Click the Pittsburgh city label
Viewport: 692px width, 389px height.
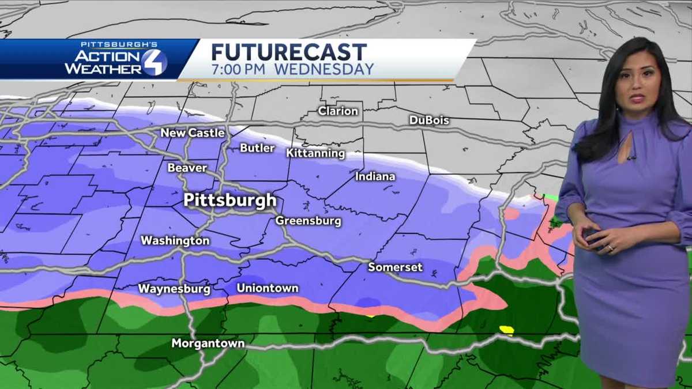tap(230, 201)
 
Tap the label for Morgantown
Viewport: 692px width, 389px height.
tap(208, 343)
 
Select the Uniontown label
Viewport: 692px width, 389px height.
tap(268, 288)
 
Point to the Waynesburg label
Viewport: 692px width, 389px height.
tap(174, 289)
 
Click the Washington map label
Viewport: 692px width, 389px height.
tap(175, 240)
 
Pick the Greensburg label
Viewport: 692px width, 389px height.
tap(308, 221)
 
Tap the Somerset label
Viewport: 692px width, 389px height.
tap(396, 267)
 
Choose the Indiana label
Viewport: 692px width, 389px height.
tap(375, 176)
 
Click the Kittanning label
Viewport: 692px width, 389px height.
tap(315, 153)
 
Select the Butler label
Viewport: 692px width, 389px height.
tap(257, 148)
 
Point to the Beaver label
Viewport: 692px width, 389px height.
tap(187, 168)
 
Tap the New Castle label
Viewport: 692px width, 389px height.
tap(193, 133)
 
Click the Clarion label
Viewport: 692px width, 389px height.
tap(338, 111)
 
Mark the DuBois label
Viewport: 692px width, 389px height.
tap(429, 120)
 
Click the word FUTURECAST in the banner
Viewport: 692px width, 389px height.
tap(288, 52)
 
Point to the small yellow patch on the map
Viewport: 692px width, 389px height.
tap(506, 330)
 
